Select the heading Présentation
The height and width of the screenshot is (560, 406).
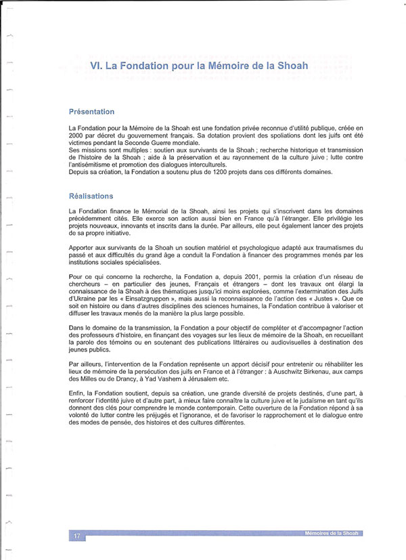(x=92, y=112)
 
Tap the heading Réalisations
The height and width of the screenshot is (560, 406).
(x=91, y=196)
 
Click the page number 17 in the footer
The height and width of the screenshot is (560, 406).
(x=77, y=536)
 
